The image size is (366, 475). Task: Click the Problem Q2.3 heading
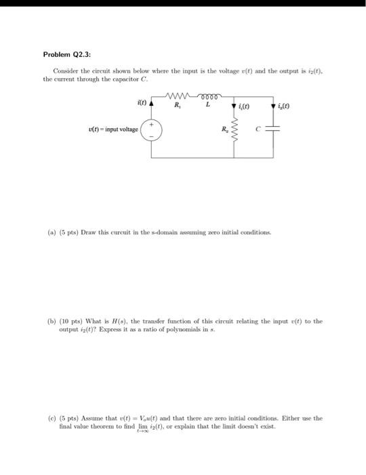[x=71, y=54]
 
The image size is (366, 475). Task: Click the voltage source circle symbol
[x=150, y=130]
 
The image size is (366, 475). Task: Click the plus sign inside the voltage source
[x=150, y=124]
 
